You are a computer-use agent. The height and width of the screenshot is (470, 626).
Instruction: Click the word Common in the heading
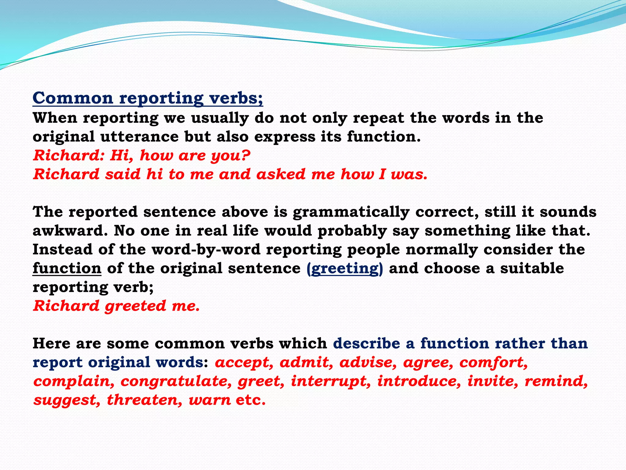73,98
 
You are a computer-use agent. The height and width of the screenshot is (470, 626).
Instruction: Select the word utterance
139,136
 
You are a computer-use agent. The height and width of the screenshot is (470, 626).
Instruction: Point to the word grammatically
351,212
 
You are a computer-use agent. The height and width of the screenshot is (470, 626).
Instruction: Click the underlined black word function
67,268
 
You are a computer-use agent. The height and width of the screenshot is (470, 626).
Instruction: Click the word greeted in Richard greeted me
135,306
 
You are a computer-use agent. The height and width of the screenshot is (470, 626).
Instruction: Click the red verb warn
210,400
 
